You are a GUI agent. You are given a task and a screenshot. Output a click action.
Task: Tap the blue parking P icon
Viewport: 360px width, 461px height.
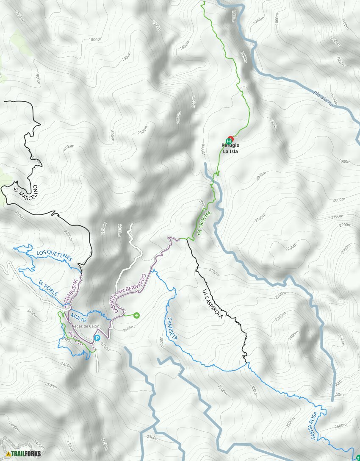click(x=97, y=338)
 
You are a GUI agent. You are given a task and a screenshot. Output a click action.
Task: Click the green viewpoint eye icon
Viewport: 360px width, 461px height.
click(x=136, y=315)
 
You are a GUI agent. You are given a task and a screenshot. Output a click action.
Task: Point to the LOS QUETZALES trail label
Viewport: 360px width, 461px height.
click(x=55, y=255)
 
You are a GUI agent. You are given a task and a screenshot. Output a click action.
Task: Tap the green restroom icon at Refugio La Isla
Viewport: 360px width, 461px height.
click(x=228, y=140)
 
